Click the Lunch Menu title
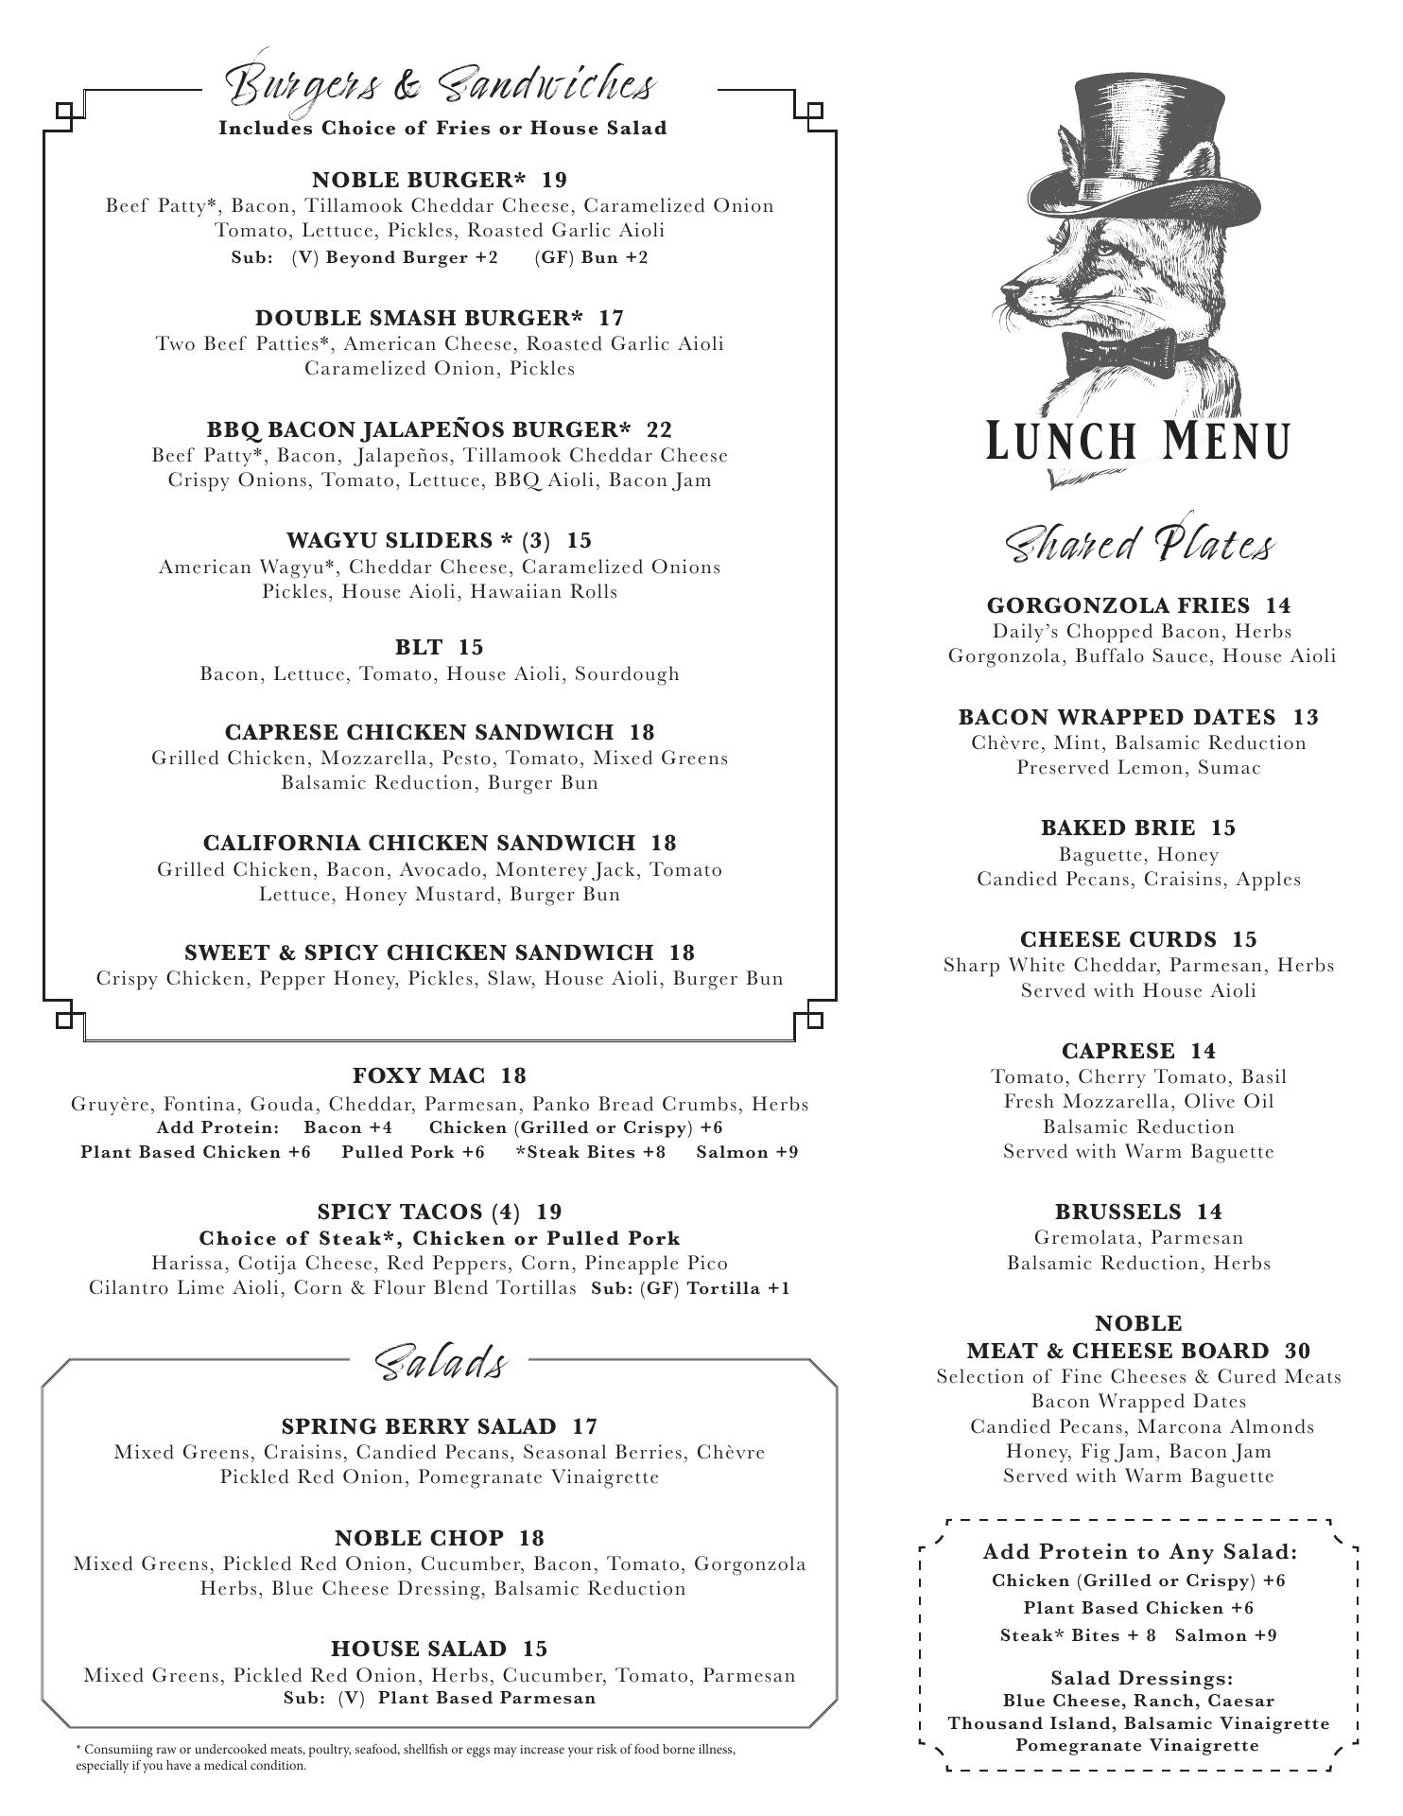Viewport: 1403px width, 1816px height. (1138, 441)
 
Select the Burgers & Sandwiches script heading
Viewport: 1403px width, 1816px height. (440, 85)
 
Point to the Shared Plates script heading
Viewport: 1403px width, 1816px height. (1138, 546)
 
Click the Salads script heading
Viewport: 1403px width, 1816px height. (441, 1363)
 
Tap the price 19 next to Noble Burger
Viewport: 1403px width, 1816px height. (555, 180)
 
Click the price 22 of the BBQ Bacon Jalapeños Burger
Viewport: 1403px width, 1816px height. (659, 429)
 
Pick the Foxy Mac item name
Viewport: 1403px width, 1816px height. (419, 1075)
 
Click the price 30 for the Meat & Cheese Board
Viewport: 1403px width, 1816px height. (1297, 1351)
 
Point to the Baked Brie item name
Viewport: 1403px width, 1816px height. (1117, 828)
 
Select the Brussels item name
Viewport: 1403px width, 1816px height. (1117, 1212)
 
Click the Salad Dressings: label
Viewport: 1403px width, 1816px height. (1142, 1679)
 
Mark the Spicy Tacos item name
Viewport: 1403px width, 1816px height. (419, 1212)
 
